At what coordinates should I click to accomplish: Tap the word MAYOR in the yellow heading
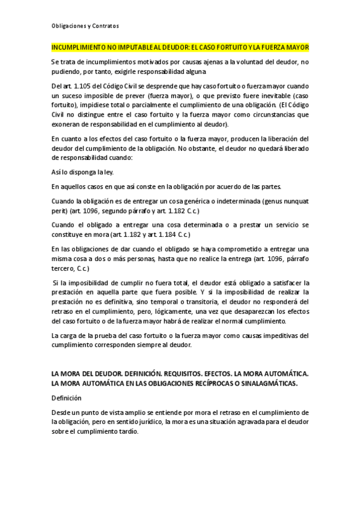pos(297,47)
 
